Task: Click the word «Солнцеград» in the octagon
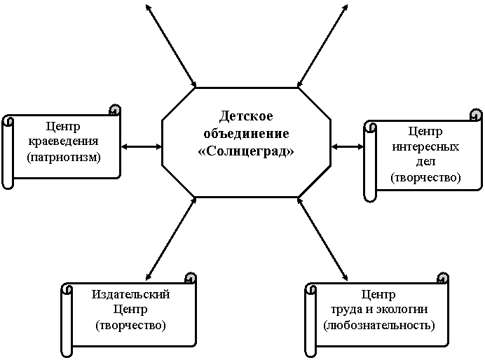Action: pyautogui.click(x=246, y=151)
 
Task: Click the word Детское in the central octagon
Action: pyautogui.click(x=246, y=116)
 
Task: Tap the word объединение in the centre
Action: pyautogui.click(x=246, y=134)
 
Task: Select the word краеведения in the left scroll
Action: pyautogui.click(x=63, y=141)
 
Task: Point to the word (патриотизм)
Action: pyautogui.click(x=64, y=158)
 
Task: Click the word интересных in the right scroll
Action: pyautogui.click(x=425, y=146)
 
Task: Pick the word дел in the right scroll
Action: pyautogui.click(x=425, y=161)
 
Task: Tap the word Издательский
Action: pyautogui.click(x=131, y=294)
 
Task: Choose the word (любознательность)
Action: pyautogui.click(x=379, y=325)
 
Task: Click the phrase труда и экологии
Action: pyautogui.click(x=379, y=310)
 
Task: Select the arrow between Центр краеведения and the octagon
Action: pyautogui.click(x=142, y=147)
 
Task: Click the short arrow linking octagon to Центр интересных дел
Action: pyautogui.click(x=348, y=147)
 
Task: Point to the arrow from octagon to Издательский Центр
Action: pyautogui.click(x=171, y=239)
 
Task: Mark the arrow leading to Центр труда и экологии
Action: pyautogui.click(x=322, y=239)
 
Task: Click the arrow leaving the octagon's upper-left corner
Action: pyautogui.click(x=171, y=46)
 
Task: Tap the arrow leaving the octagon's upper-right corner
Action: pyautogui.click(x=322, y=46)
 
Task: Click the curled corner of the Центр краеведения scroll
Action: pyautogui.click(x=115, y=111)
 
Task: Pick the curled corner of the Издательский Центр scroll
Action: pyautogui.click(x=191, y=278)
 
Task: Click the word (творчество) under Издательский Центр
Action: pyautogui.click(x=131, y=326)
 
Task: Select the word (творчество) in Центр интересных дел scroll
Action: pyautogui.click(x=425, y=177)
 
